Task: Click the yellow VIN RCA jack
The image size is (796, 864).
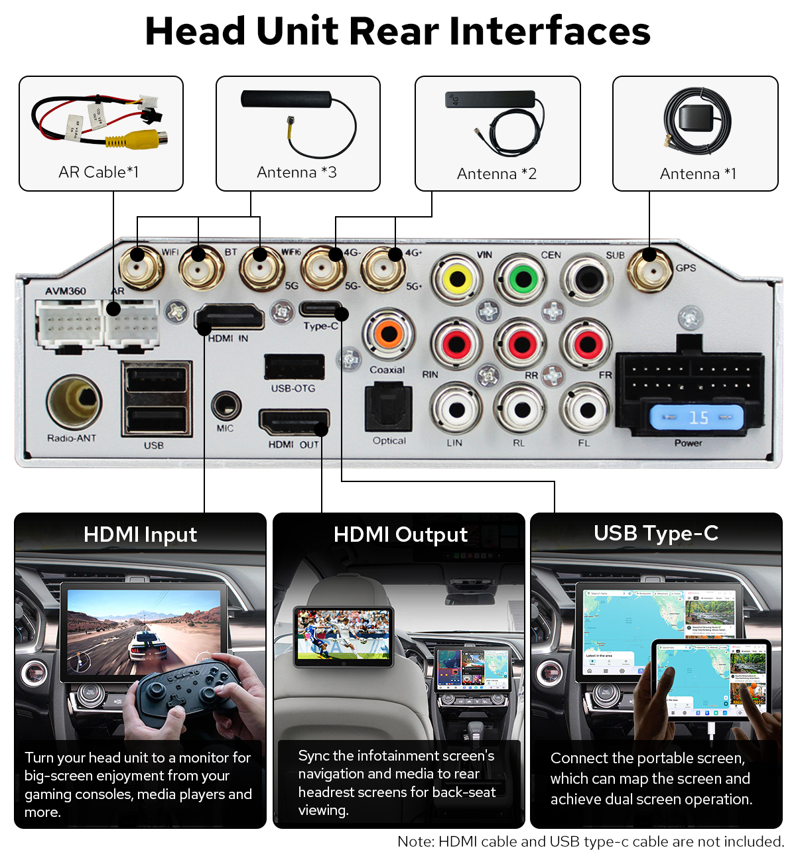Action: [457, 279]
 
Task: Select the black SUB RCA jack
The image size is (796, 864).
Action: [587, 279]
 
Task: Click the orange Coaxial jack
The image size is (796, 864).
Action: [389, 334]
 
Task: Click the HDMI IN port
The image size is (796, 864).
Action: [230, 318]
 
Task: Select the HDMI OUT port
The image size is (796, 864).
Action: [294, 422]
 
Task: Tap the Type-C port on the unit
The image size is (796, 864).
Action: [321, 310]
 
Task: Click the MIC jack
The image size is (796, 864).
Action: [226, 405]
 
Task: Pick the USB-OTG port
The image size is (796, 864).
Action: [294, 367]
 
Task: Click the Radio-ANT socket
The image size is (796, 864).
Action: [74, 402]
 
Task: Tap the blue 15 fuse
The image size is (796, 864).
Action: [696, 418]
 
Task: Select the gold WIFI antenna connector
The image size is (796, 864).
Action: [141, 267]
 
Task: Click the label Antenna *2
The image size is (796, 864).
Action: [497, 174]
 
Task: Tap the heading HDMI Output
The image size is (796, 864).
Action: [400, 535]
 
